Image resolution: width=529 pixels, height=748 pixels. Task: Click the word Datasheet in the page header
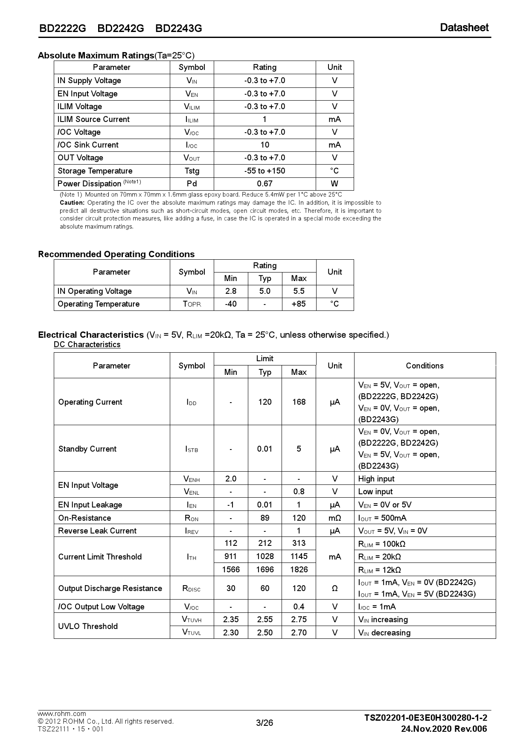464,28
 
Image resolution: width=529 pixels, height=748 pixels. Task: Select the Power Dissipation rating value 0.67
264,184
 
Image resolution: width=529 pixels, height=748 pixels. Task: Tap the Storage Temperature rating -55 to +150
264,171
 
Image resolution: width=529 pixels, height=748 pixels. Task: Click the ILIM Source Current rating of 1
264,119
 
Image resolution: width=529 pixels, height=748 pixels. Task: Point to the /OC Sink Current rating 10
264,145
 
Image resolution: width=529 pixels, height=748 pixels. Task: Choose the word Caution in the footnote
72,203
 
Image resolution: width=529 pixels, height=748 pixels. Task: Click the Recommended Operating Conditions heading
116,254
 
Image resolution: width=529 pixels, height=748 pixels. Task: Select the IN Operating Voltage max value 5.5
299,291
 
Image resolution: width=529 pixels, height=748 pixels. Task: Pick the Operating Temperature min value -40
230,304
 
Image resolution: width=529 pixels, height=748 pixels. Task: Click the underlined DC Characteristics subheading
87,345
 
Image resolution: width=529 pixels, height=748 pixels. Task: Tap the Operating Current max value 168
299,402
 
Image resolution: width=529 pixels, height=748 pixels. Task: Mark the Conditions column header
424,365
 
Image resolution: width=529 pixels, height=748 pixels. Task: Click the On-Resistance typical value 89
264,518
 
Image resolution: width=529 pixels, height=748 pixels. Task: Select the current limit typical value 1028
264,557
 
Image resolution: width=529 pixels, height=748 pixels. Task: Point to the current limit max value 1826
299,570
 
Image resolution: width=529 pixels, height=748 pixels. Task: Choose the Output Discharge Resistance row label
110,589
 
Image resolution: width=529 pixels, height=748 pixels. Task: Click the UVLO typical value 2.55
264,620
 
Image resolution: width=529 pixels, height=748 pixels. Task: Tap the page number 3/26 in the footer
264,723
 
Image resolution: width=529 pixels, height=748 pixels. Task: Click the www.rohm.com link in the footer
62,714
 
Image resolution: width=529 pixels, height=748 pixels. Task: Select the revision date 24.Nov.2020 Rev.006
444,729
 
